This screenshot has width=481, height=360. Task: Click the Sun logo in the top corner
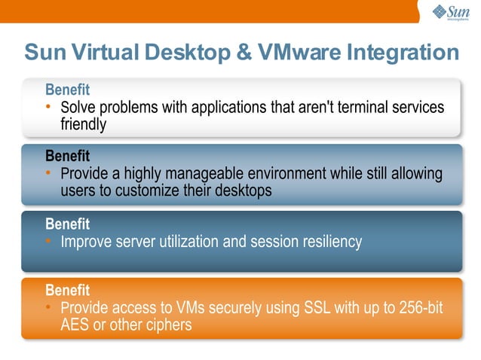point(451,12)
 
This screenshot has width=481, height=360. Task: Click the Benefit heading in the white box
point(67,90)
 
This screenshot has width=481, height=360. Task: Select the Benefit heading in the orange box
point(67,290)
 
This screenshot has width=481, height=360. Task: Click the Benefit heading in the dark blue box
point(67,224)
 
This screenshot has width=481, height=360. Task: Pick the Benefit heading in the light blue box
point(67,156)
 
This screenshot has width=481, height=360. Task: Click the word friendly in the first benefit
point(83,124)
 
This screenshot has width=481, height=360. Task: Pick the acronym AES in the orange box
point(75,325)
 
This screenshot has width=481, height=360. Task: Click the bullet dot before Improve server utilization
point(48,242)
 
